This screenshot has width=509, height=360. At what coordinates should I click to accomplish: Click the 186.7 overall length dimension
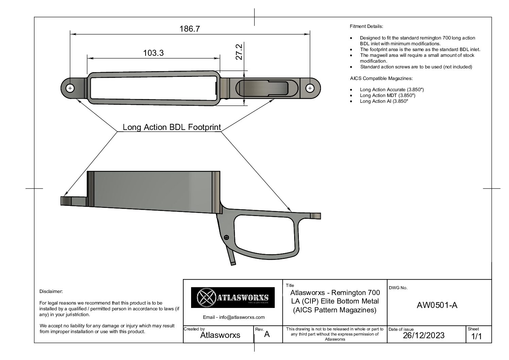pos(189,29)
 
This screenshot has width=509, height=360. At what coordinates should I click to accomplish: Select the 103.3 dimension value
pos(153,53)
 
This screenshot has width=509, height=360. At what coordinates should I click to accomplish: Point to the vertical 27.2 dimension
pos(239,52)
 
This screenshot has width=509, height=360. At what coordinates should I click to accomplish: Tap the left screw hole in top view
pos(70,88)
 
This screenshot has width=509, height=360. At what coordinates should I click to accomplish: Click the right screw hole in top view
pos(310,88)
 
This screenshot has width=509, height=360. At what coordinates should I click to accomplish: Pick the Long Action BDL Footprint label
pos(172,127)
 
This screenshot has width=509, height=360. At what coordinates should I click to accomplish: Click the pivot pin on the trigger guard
pos(226,238)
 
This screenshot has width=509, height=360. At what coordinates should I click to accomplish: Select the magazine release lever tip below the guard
pos(233,264)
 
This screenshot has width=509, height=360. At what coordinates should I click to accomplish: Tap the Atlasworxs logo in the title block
pos(233,297)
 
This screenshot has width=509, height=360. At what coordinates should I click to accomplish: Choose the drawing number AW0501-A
pos(437,305)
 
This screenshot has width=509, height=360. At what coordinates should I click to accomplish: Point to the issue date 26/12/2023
pos(424,336)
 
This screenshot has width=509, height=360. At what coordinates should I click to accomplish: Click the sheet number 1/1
pos(476,336)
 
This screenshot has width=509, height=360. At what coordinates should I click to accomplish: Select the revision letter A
pos(267,334)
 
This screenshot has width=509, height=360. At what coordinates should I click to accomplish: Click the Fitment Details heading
pos(366,27)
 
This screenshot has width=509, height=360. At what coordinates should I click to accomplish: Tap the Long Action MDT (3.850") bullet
pos(387,96)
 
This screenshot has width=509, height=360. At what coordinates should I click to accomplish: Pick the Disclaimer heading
pos(51,291)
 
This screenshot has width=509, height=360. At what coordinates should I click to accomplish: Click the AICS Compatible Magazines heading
pos(381,79)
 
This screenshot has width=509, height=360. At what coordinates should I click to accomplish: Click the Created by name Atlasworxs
pos(220,335)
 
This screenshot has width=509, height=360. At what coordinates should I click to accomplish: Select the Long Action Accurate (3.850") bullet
pos(392,89)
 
